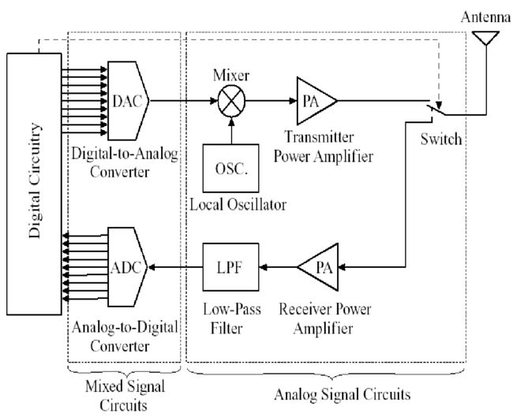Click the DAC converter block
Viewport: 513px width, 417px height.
[x=128, y=101]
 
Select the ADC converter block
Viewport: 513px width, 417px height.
[x=128, y=267]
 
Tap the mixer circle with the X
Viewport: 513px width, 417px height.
[x=231, y=101]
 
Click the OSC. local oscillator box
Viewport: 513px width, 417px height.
[x=230, y=168]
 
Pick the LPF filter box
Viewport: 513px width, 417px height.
[x=230, y=267]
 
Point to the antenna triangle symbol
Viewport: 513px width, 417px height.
[x=486, y=37]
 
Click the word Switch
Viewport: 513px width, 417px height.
[x=441, y=139]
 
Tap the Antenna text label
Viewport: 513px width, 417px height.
[x=486, y=17]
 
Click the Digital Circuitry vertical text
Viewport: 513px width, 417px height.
[x=35, y=181]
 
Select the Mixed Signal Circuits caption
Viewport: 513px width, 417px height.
[x=125, y=396]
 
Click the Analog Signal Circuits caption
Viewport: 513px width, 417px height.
[x=343, y=394]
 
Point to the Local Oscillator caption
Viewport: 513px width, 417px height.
[x=238, y=205]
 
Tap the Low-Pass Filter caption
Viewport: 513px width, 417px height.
[x=231, y=319]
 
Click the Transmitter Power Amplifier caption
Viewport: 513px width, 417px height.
[x=324, y=147]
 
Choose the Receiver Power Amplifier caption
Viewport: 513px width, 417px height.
[x=324, y=319]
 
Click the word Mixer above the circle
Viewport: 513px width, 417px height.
[x=231, y=76]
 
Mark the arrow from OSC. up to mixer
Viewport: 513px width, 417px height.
[x=231, y=130]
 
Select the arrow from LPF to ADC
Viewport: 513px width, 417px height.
[x=176, y=267]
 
